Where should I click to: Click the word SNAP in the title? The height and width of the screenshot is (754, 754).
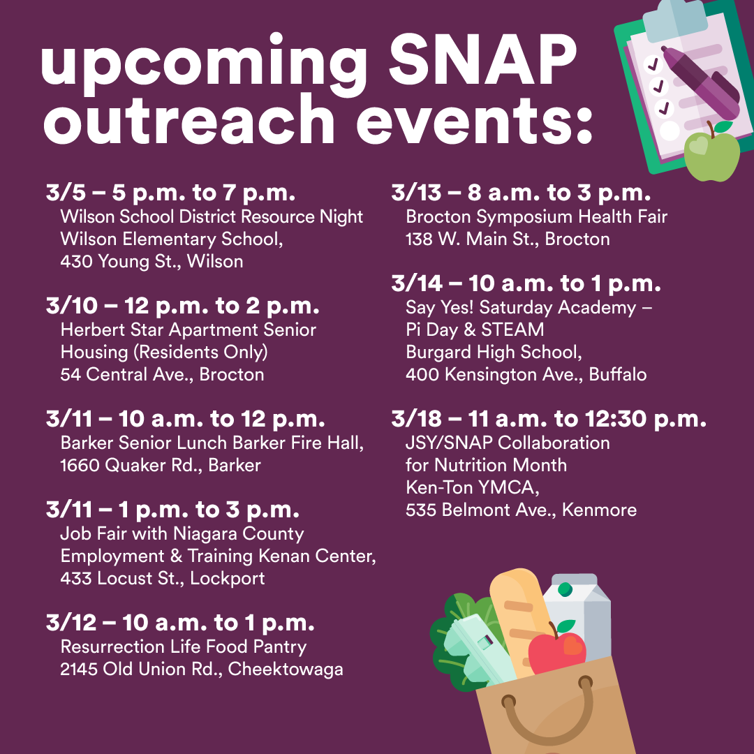482,59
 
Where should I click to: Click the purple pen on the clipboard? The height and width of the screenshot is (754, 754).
700,81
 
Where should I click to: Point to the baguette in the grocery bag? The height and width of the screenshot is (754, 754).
521,621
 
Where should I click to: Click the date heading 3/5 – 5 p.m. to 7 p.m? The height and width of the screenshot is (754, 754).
171,193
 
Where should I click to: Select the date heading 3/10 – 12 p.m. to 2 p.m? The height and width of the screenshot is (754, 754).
183,306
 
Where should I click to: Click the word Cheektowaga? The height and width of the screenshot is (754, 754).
286,670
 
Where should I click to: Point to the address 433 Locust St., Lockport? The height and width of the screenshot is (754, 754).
163,579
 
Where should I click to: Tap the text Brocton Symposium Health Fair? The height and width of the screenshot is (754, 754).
537,217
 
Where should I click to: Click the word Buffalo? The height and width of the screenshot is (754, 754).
617,375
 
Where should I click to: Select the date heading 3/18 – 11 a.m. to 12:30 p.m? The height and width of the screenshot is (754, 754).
549,420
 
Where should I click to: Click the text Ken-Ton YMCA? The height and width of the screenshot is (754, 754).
473,487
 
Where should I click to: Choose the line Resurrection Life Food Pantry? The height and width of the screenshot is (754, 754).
183,646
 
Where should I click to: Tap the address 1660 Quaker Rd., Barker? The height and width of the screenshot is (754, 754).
161,466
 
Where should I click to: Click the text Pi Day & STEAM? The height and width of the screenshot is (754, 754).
475,330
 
